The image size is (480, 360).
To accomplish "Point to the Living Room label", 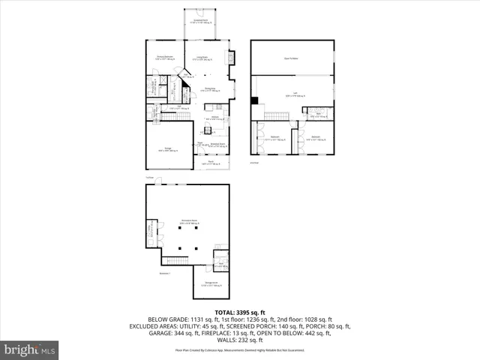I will click(x=202, y=57).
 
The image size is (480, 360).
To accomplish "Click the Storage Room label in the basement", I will click(x=210, y=283).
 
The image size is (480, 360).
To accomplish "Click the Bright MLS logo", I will click(x=30, y=349).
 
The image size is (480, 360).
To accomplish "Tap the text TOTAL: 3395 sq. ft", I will click(x=239, y=310).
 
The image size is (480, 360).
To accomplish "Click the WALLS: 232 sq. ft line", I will click(x=239, y=340).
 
